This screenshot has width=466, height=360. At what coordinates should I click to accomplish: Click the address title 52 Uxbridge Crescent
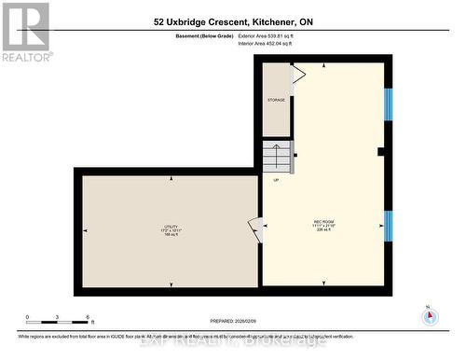tap(233, 21)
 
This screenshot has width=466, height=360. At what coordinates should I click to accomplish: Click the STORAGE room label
tap(276, 100)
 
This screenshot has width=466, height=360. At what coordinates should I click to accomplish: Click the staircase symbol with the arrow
tap(278, 156)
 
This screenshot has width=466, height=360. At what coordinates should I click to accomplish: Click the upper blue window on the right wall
tap(388, 104)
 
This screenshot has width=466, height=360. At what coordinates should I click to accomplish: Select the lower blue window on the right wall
tap(388, 225)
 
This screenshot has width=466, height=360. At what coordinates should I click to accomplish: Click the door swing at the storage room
tap(298, 75)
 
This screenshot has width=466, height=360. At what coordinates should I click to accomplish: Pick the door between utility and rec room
tap(254, 228)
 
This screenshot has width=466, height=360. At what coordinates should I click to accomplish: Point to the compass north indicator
tap(430, 315)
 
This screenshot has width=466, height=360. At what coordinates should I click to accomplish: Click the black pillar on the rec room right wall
tap(380, 152)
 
